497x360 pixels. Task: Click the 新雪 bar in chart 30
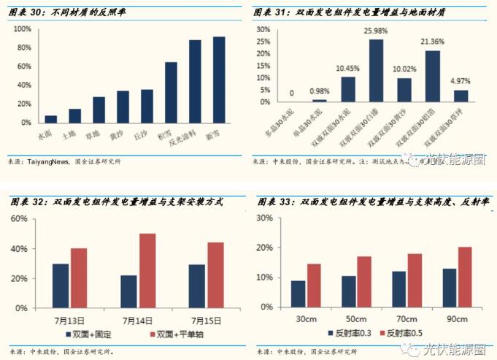click(219, 80)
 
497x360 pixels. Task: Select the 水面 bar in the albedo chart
click(50, 119)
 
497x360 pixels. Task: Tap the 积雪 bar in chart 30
click(171, 93)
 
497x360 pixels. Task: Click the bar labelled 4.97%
click(461, 96)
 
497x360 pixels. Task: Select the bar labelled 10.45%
click(348, 89)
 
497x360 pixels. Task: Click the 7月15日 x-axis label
click(206, 319)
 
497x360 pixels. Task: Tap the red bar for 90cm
click(466, 277)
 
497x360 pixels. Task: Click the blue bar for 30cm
click(298, 294)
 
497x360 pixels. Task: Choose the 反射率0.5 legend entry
click(405, 334)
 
